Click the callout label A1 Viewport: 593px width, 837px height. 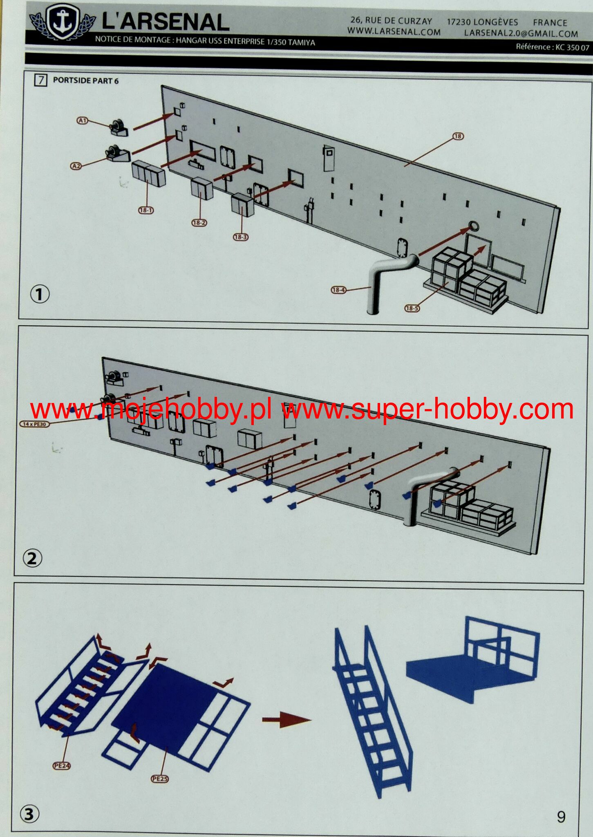pos(83,120)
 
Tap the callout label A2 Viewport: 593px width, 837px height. pos(76,166)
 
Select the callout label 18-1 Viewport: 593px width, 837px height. pos(146,210)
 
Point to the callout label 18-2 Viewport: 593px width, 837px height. pos(199,223)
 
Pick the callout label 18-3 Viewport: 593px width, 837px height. pos(241,237)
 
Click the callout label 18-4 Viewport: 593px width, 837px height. pos(338,290)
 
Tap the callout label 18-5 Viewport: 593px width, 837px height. pos(412,308)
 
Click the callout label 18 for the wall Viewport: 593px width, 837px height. pos(458,136)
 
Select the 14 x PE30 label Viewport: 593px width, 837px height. pos(34,424)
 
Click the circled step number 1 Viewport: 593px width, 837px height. pos(40,294)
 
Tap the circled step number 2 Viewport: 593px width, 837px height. pos(32,558)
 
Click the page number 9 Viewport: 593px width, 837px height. pos(561,817)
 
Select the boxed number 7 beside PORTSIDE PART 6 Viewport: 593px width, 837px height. pos(41,80)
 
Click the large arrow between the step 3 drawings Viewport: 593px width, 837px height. pos(286,720)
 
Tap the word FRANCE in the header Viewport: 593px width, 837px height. pos(550,23)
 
